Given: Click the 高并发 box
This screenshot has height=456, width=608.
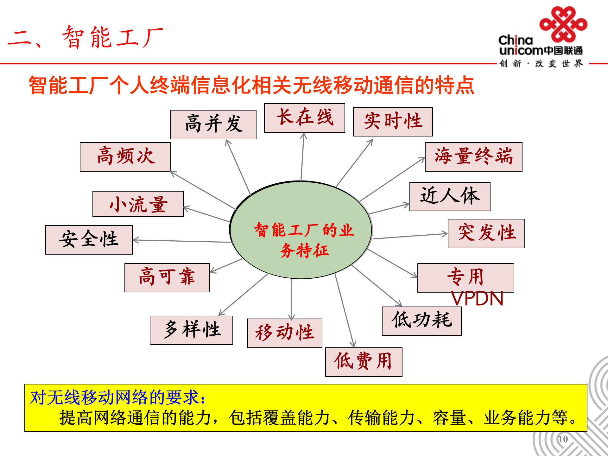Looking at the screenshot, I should pos(213,124).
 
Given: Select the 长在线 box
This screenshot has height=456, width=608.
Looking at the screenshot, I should pos(305,118).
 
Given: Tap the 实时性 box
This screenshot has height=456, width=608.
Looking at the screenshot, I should pos(393,122).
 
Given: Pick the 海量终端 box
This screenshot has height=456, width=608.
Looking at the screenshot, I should pos(474,157).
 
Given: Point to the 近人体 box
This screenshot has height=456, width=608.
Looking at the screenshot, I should pos(450,196).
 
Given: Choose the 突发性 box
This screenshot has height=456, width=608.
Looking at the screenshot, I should pos(486,233).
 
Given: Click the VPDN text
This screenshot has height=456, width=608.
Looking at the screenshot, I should pos(477,299).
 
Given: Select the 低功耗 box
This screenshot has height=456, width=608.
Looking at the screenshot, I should pos(422,321).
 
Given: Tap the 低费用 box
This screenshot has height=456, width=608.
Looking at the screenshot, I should pos(364,362).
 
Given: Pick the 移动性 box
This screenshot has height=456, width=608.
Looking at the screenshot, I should pos(285,333).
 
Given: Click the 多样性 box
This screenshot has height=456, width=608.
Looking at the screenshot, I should pos(191,330).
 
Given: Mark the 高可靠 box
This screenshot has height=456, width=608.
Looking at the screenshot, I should pos(167,277).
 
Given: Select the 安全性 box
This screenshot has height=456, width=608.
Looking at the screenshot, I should pos(89,240).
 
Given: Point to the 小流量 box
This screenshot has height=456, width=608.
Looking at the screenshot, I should pos(138,204).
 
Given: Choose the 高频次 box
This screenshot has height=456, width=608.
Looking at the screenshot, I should pos(125,157).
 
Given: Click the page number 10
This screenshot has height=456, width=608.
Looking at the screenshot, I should pos(563,439).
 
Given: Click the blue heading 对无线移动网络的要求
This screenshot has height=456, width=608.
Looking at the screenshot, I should pos(117,397).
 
